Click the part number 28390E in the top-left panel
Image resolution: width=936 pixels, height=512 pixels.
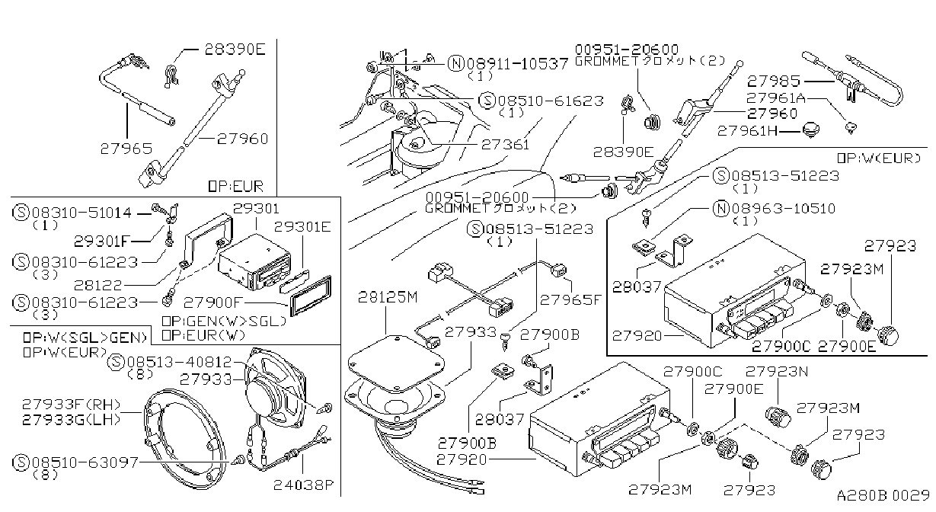(235, 50)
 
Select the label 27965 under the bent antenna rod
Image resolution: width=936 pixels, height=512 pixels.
(126, 149)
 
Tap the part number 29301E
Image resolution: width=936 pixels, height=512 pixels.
(302, 227)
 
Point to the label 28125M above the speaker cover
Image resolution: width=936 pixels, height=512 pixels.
(388, 298)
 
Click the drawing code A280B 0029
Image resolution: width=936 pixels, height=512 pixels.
(883, 495)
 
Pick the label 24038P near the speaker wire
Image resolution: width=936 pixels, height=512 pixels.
(304, 485)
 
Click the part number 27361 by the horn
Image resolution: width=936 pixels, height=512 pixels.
(505, 145)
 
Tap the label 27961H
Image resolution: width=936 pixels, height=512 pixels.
(748, 131)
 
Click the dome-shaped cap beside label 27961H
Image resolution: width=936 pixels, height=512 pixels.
(811, 130)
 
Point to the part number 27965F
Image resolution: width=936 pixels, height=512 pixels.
(570, 299)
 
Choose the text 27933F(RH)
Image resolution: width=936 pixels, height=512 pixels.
(72, 404)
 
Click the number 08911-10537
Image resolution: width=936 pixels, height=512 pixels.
(517, 63)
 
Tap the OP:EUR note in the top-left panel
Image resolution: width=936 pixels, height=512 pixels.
(235, 187)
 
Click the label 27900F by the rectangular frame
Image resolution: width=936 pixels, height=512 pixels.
(213, 302)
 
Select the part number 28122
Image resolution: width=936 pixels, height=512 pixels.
(97, 286)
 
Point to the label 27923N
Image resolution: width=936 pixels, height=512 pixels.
(777, 372)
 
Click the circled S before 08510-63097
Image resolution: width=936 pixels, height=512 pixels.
(21, 462)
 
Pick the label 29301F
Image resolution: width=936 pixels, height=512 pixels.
(102, 242)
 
